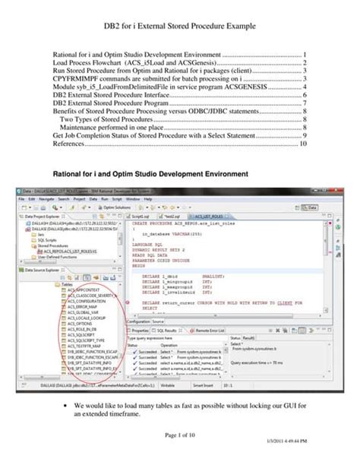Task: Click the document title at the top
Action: pyautogui.click(x=179, y=27)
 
